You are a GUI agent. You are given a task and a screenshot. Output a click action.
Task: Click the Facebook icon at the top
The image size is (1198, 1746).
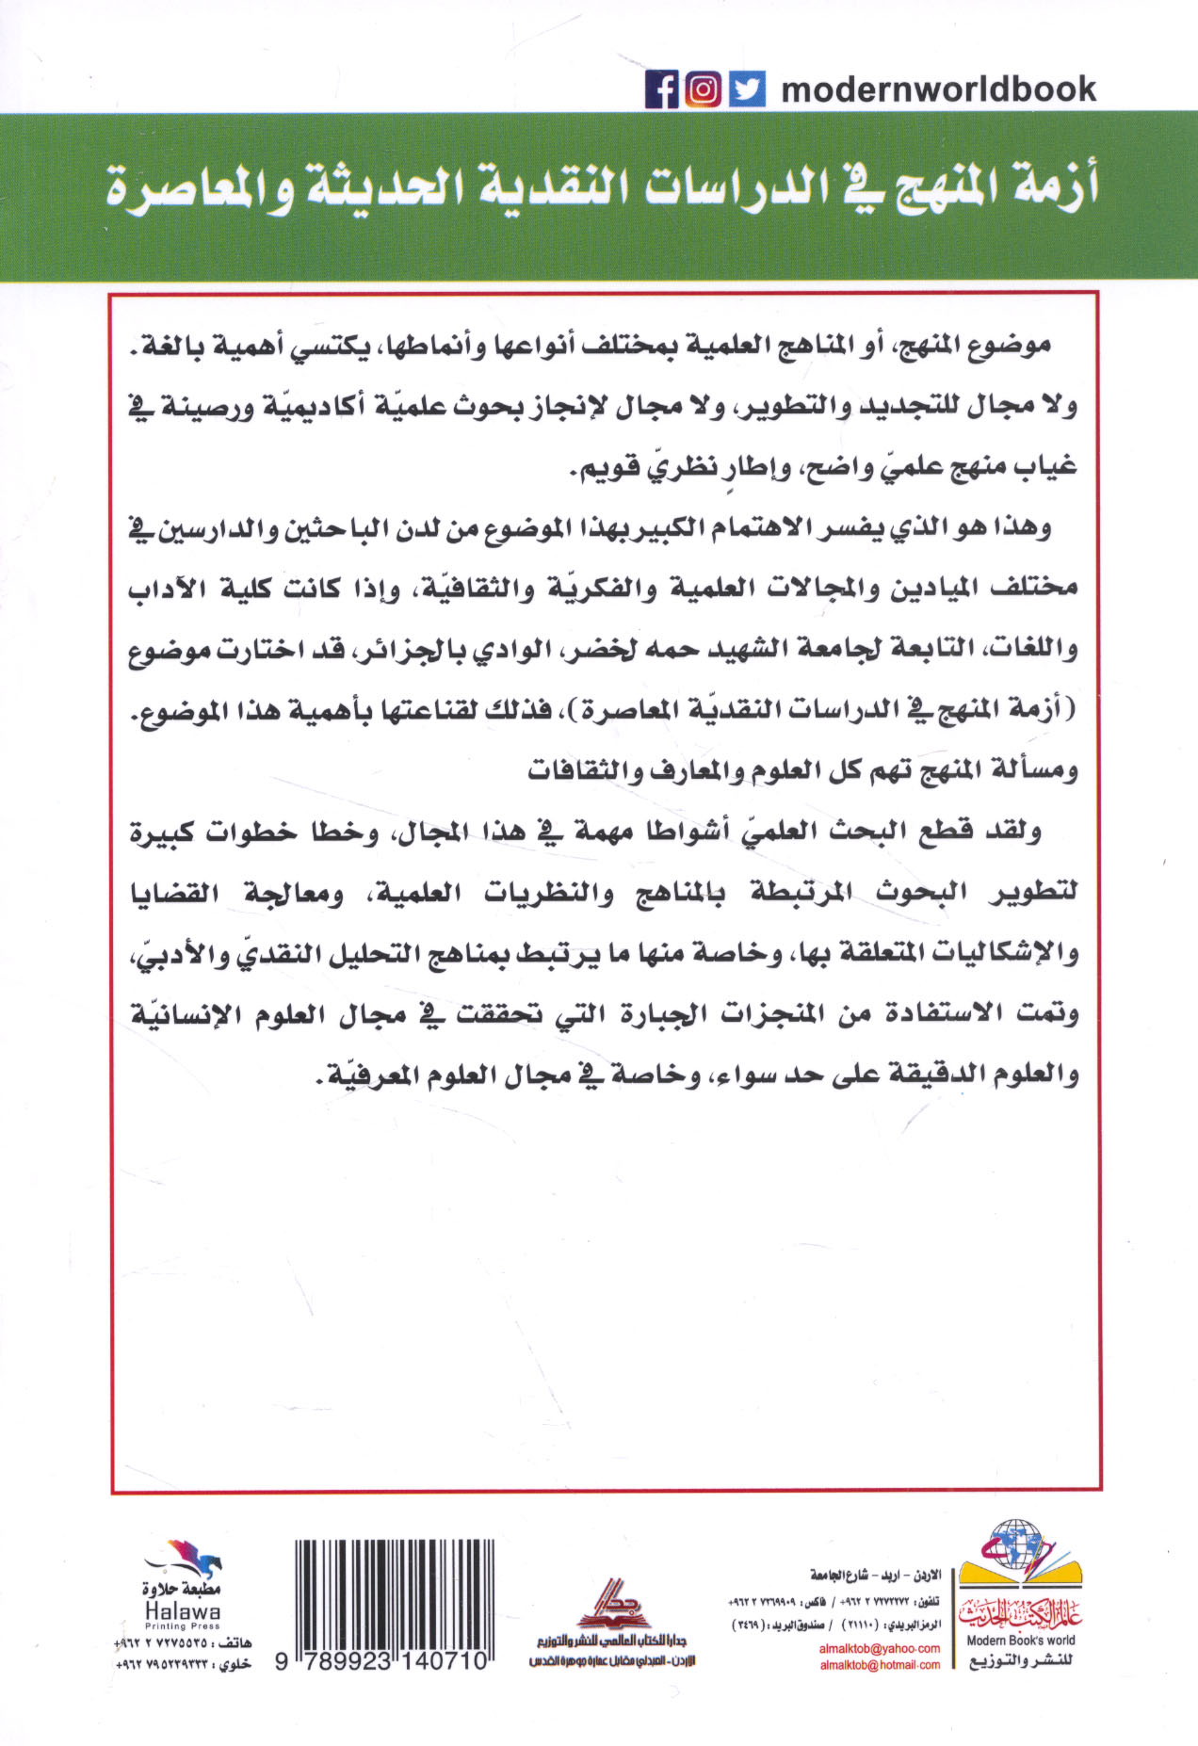tap(661, 90)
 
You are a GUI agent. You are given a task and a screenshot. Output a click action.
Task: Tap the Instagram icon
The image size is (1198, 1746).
tap(703, 90)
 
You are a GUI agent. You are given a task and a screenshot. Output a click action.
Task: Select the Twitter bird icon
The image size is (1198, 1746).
tap(748, 90)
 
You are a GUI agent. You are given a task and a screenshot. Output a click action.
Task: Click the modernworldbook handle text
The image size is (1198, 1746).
tap(938, 89)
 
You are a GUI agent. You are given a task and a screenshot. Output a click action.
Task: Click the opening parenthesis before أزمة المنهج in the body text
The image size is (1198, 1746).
tap(1073, 709)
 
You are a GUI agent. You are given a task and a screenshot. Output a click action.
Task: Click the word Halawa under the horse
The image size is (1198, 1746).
tap(182, 1611)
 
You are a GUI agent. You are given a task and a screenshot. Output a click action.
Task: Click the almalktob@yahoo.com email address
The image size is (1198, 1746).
tap(879, 1648)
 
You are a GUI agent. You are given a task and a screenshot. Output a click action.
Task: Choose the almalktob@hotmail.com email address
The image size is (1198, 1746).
tap(879, 1665)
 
